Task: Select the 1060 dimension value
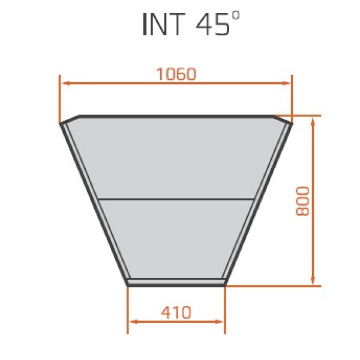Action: coord(176,74)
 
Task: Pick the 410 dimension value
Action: coord(176,312)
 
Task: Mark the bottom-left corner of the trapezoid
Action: coord(128,283)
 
